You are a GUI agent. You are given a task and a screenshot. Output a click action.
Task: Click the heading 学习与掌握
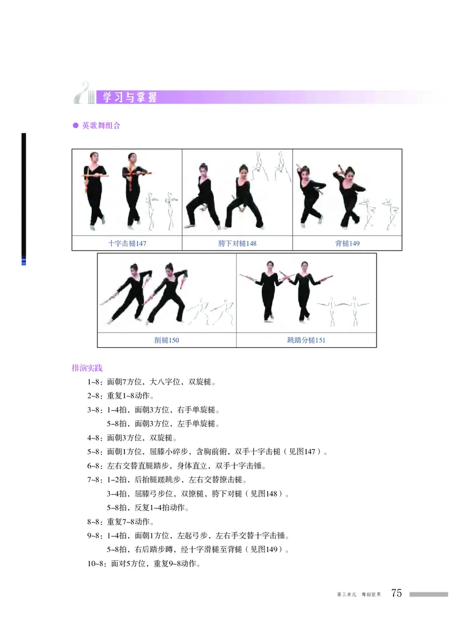[130, 98]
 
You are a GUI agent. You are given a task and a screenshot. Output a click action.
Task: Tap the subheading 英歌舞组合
[101, 125]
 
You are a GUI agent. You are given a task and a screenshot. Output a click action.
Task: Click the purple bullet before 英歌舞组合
[75, 126]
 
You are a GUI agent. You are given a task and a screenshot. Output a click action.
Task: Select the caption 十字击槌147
[127, 243]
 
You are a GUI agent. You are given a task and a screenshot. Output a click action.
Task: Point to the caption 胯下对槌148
[237, 243]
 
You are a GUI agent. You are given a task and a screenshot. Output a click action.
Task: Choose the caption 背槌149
[347, 243]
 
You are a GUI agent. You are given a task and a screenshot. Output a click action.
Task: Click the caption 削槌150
[166, 340]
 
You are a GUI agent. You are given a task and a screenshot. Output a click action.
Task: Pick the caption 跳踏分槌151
[306, 340]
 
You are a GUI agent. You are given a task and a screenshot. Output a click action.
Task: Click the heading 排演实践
[87, 369]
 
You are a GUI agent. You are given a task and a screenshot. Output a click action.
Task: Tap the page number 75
[397, 594]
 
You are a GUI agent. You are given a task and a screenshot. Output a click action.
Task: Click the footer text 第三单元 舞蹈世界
[358, 595]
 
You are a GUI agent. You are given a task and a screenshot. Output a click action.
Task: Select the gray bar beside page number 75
[428, 594]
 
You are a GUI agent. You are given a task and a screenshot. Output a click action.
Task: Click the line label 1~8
[95, 382]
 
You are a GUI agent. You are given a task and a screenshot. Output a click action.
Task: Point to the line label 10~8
[97, 564]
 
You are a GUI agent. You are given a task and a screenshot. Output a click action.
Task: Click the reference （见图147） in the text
[302, 452]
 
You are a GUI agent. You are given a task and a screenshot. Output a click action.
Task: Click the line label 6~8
[95, 466]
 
